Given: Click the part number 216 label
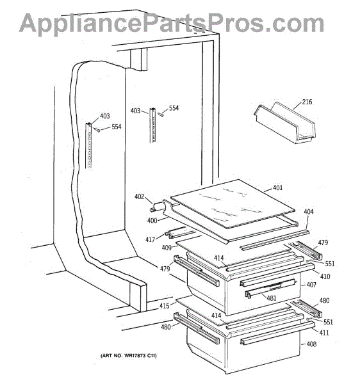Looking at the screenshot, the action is [307, 102].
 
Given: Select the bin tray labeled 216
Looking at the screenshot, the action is [285, 122].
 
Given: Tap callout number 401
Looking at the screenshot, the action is [277, 188].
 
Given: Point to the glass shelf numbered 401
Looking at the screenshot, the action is [233, 204].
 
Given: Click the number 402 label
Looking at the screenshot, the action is [140, 196].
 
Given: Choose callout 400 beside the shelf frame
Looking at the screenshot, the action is [152, 220].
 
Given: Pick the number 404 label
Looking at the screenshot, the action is [309, 211].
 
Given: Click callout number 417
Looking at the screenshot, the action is [151, 239].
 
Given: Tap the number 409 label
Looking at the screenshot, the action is [167, 248].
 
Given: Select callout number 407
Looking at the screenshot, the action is [311, 285].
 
